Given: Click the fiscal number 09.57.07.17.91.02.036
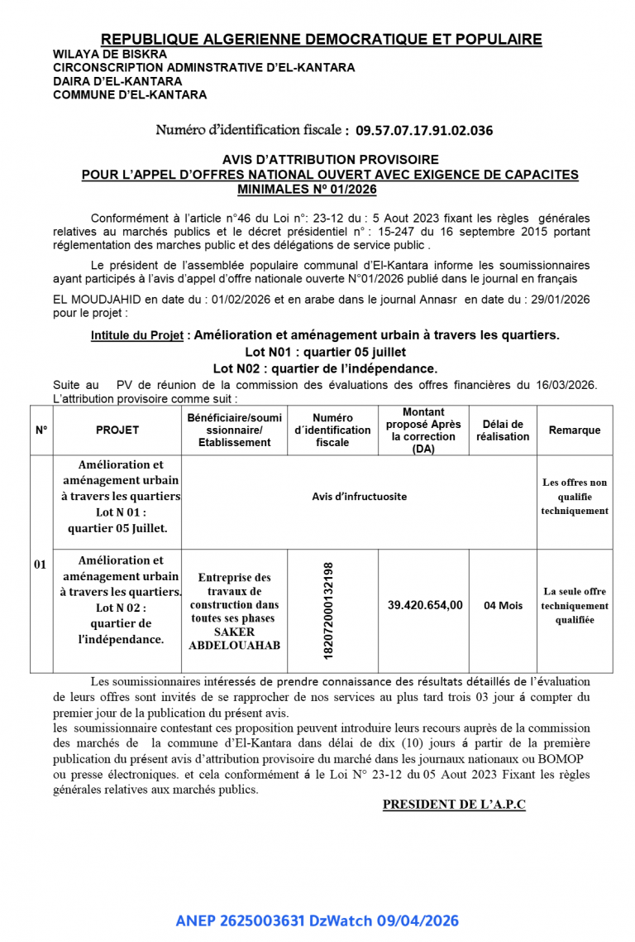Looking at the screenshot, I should (x=424, y=130).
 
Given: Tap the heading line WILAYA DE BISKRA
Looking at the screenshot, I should (x=110, y=55).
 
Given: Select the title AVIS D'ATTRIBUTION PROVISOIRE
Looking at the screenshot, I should (x=330, y=159).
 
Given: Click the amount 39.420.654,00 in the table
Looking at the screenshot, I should (x=425, y=605).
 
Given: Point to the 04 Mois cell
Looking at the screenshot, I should (x=503, y=605).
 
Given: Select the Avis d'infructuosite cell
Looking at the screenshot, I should (x=359, y=497).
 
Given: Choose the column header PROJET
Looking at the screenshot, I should (x=117, y=430).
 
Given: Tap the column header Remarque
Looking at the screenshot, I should (x=574, y=430).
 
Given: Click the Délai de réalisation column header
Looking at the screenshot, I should (x=503, y=430).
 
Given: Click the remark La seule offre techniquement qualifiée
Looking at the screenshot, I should (x=574, y=605).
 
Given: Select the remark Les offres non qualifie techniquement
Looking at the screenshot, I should (x=574, y=497).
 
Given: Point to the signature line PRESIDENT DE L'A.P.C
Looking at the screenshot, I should (x=454, y=805).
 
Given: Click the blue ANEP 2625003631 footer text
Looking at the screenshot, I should (x=317, y=920).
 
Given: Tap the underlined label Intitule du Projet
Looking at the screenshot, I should (x=137, y=335).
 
